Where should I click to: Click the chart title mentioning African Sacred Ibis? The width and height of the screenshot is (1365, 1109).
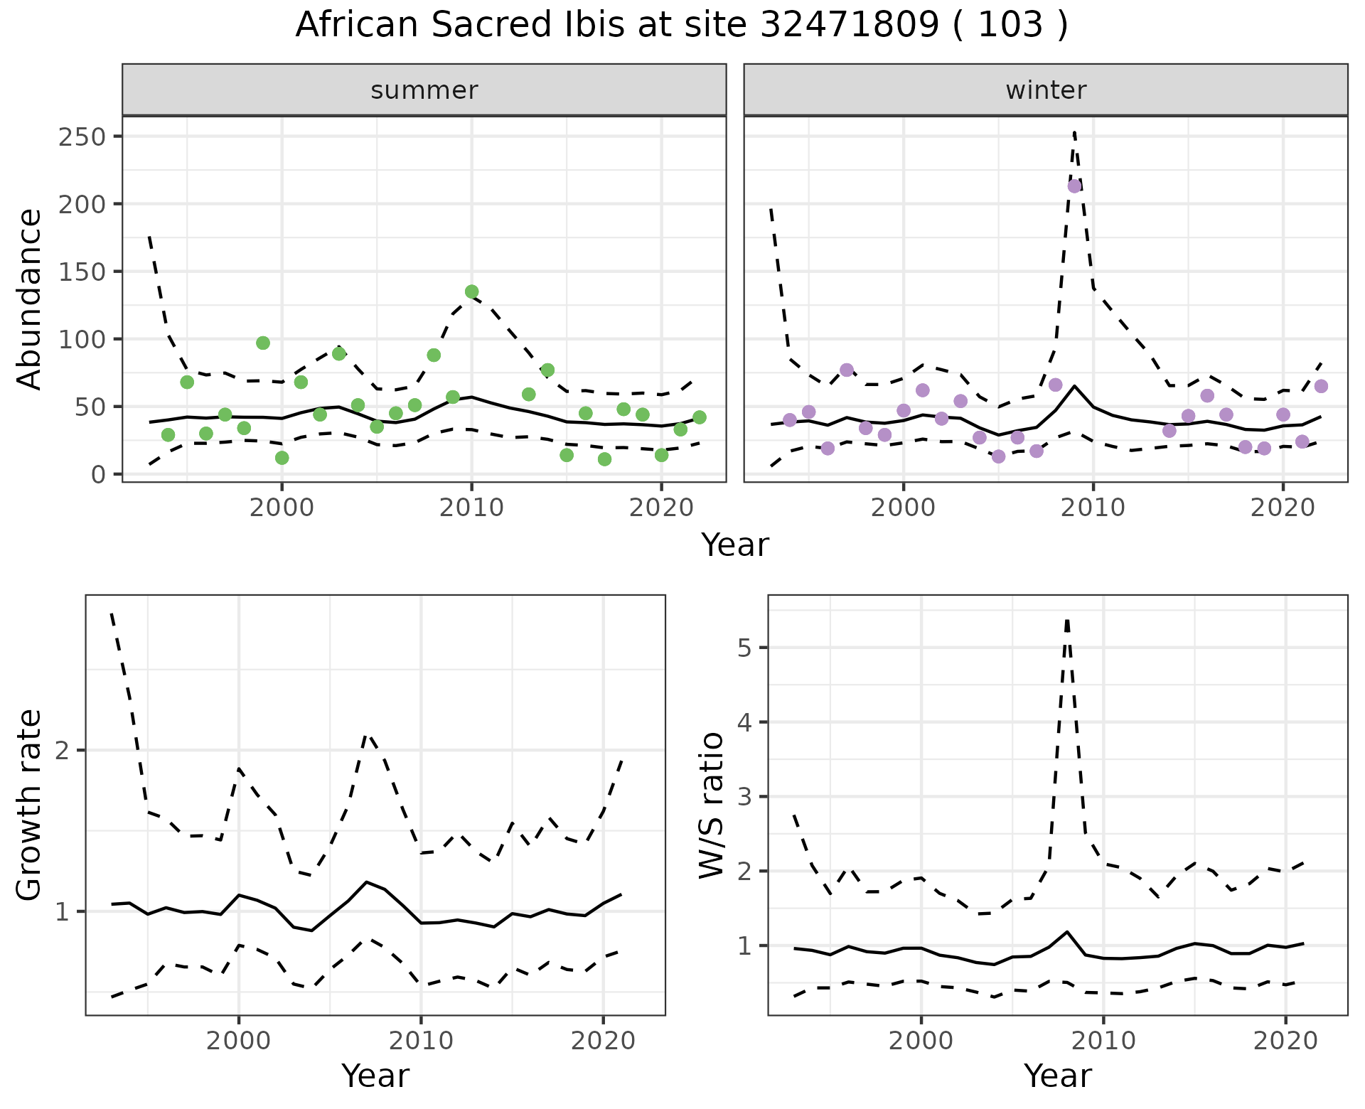pyautogui.click(x=681, y=26)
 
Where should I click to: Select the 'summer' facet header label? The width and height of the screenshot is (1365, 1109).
pyautogui.click(x=424, y=90)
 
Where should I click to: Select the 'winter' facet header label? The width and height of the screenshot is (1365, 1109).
pyautogui.click(x=1046, y=90)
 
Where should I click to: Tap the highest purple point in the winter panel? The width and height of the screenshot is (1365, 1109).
pyautogui.click(x=1074, y=186)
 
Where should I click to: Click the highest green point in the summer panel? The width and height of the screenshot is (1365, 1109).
pyautogui.click(x=471, y=291)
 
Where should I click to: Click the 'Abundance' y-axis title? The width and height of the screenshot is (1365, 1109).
pyautogui.click(x=30, y=299)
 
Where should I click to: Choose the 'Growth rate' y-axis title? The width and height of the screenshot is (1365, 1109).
pyautogui.click(x=30, y=805)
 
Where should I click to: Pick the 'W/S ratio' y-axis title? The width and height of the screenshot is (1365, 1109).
pyautogui.click(x=712, y=805)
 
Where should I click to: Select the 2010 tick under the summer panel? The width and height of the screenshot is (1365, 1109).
pyautogui.click(x=471, y=508)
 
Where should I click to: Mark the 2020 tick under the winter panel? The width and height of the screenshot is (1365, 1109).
pyautogui.click(x=1283, y=508)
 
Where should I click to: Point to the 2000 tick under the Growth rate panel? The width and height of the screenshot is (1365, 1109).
pyautogui.click(x=239, y=1041)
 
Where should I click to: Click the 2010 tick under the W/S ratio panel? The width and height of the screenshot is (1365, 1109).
pyautogui.click(x=1103, y=1041)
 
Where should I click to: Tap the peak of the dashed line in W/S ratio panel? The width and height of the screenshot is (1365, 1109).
pyautogui.click(x=1067, y=621)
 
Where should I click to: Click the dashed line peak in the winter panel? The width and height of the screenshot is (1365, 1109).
pyautogui.click(x=1074, y=132)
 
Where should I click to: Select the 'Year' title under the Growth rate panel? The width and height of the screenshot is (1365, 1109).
pyautogui.click(x=375, y=1076)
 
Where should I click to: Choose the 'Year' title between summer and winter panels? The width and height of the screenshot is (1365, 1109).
pyautogui.click(x=735, y=545)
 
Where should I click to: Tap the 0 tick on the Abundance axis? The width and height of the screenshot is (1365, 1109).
pyautogui.click(x=97, y=475)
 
